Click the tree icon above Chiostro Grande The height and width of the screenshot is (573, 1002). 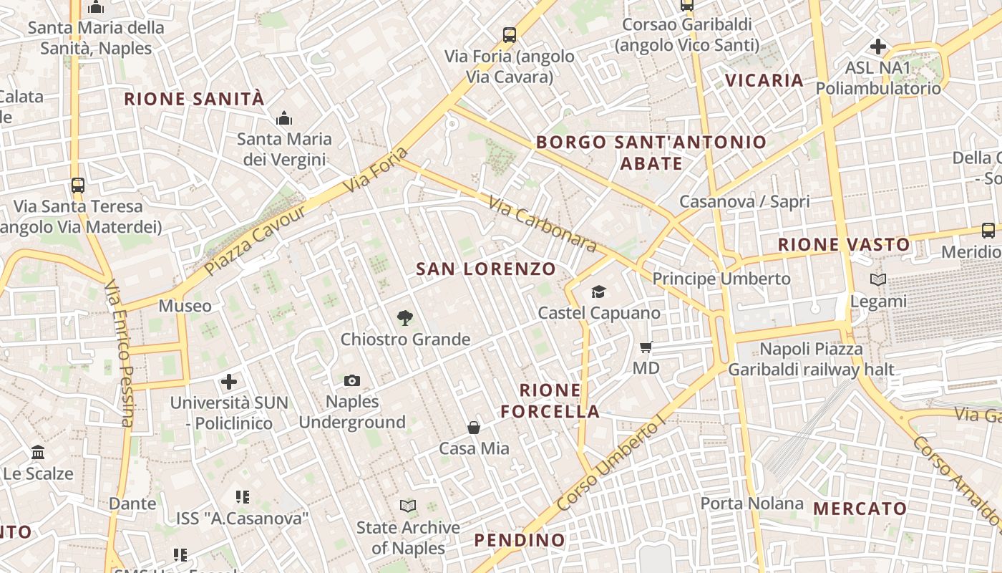click(x=405, y=318)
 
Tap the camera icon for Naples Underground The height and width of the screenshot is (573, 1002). click(x=351, y=380)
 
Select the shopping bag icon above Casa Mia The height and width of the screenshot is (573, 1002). click(x=474, y=428)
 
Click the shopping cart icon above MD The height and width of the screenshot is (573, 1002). click(x=646, y=347)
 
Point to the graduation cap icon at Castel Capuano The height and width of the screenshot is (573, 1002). click(x=598, y=292)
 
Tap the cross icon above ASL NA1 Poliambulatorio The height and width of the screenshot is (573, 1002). click(x=878, y=47)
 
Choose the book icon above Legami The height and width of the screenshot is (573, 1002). click(x=878, y=280)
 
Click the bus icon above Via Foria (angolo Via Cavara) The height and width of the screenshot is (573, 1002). click(x=510, y=34)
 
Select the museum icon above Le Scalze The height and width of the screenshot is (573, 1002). click(x=38, y=453)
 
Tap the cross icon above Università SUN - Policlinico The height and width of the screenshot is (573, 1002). click(x=229, y=381)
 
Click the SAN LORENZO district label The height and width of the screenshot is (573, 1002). click(x=486, y=269)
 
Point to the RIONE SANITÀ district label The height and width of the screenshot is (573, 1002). click(x=195, y=99)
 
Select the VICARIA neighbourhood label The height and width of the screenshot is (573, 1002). click(x=764, y=80)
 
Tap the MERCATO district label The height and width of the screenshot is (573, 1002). click(x=860, y=509)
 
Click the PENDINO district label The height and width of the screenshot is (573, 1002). click(x=520, y=539)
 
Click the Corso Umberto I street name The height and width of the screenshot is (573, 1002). click(x=610, y=466)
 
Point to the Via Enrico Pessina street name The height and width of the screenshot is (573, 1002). click(x=120, y=353)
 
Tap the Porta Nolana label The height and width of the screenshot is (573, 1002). click(x=751, y=504)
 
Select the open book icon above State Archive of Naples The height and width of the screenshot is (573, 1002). click(x=408, y=506)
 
